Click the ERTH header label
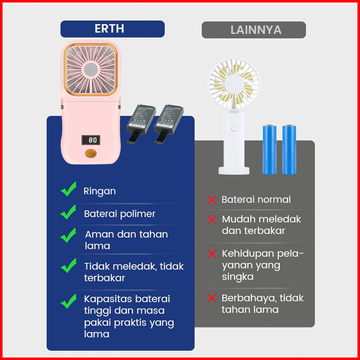tap(112, 28)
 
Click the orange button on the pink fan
tap(91, 154)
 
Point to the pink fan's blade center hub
tap(91, 70)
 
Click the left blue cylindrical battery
tap(269, 149)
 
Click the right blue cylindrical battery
tap(289, 149)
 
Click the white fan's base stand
tap(234, 169)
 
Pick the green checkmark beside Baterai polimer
tap(68, 212)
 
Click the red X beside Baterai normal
tap(212, 200)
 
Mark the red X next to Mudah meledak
tap(212, 220)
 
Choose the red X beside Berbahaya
tap(212, 299)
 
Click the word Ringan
tap(100, 191)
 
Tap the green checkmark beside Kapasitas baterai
tap(68, 301)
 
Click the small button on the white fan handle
tap(234, 128)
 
